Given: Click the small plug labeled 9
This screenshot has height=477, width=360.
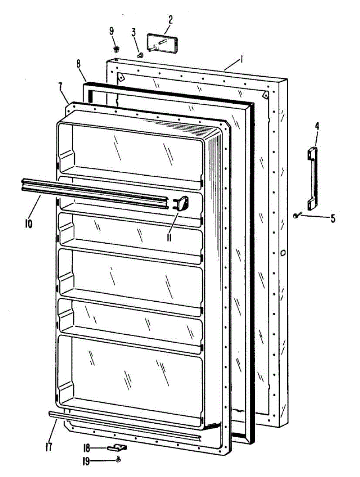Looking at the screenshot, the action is (116, 49).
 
